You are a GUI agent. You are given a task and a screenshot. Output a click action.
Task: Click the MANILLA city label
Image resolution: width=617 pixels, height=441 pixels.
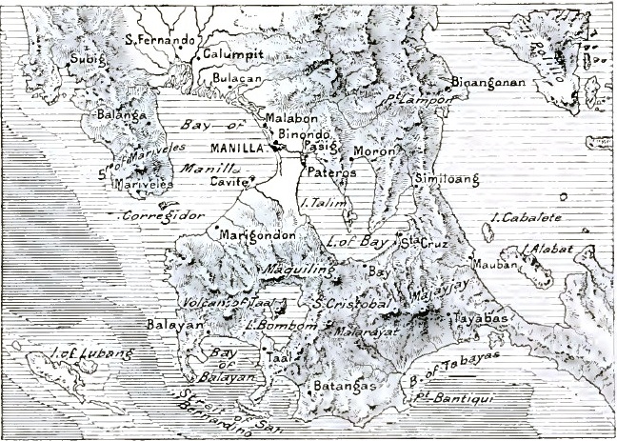(240, 149)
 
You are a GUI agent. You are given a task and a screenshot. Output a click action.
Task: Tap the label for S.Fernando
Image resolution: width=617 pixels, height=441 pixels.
(161, 41)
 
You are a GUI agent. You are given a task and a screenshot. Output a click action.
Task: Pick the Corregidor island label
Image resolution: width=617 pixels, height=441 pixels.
(163, 216)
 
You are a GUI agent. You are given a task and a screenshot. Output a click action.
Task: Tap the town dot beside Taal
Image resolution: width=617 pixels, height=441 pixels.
(264, 350)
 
